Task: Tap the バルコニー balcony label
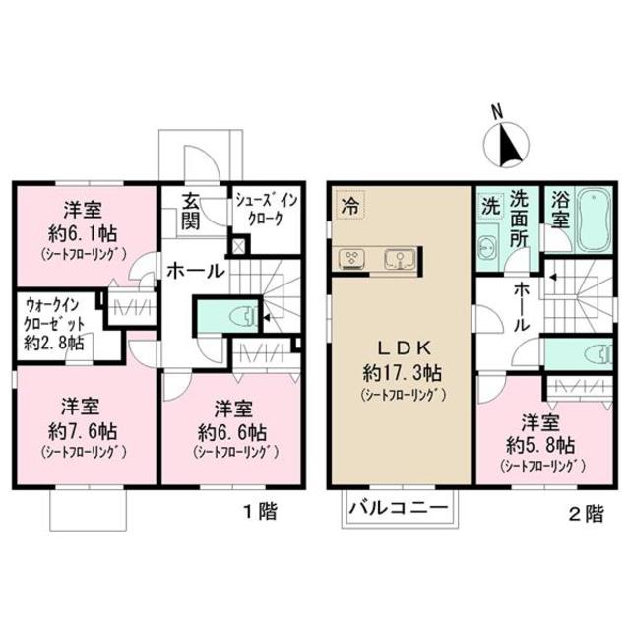(399, 511)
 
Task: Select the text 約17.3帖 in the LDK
(401, 373)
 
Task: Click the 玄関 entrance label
(192, 210)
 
